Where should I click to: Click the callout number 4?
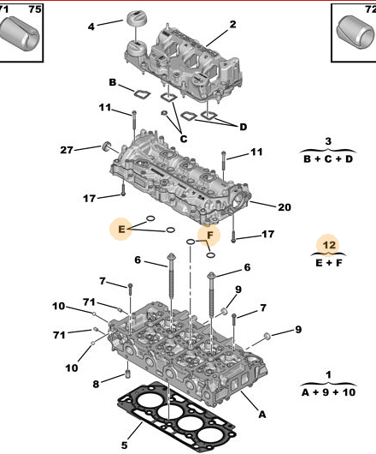[x=91, y=27]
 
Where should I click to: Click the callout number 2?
[x=232, y=24]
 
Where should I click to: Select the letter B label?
[x=112, y=82]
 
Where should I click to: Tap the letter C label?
[x=183, y=139]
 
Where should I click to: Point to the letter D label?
[x=243, y=127]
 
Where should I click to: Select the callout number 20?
[x=285, y=206]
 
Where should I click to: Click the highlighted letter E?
[x=121, y=229]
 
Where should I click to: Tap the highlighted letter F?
[x=209, y=233]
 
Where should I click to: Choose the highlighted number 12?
[x=328, y=246]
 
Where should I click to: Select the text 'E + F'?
[x=328, y=262]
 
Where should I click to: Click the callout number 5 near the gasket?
[x=123, y=445]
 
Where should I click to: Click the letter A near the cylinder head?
[x=262, y=414]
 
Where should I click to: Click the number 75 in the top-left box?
[x=34, y=9]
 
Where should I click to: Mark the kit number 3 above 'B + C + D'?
[x=328, y=141]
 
